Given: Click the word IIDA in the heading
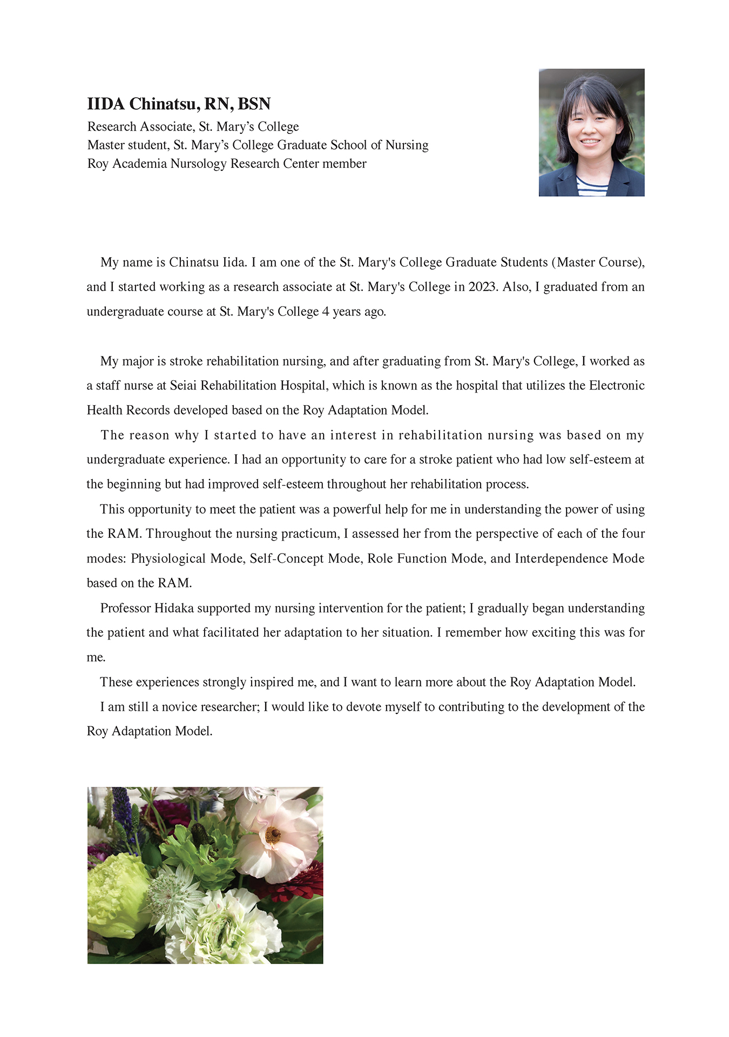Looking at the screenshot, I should pyautogui.click(x=106, y=104).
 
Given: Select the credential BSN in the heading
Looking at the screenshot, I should pyautogui.click(x=254, y=104).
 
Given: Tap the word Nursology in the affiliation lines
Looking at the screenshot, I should pyautogui.click(x=198, y=164).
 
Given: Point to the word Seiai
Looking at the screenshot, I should pyautogui.click(x=184, y=386).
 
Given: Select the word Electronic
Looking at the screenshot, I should pyautogui.click(x=617, y=386).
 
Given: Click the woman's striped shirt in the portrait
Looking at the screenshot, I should pyautogui.click(x=592, y=185).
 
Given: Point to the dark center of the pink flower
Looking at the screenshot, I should pyautogui.click(x=273, y=836).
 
